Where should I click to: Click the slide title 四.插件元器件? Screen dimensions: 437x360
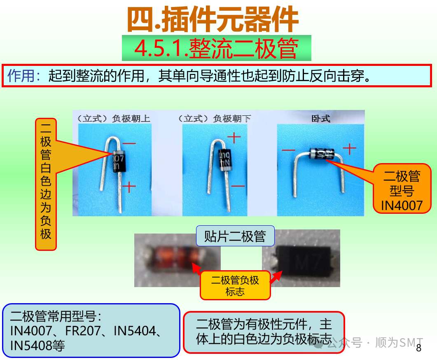(213, 19)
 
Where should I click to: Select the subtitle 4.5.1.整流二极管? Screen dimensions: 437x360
(216, 49)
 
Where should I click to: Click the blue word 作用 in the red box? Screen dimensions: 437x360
(23, 76)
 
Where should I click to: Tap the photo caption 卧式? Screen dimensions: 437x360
(320, 119)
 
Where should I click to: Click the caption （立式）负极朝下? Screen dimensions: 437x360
(215, 119)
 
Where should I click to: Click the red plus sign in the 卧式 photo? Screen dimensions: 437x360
(349, 148)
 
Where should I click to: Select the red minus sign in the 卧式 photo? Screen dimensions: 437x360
(288, 151)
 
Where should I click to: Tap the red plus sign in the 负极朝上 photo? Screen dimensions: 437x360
(129, 187)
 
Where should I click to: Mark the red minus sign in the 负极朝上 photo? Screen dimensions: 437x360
(129, 143)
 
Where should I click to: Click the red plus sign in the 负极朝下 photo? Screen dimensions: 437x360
(234, 138)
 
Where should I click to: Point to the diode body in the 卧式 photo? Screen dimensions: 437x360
(322, 154)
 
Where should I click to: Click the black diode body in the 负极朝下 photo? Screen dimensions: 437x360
(225, 159)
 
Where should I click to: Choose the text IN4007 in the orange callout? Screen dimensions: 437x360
(402, 205)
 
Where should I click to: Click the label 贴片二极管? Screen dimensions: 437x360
(235, 236)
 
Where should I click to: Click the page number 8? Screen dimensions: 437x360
(419, 348)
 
